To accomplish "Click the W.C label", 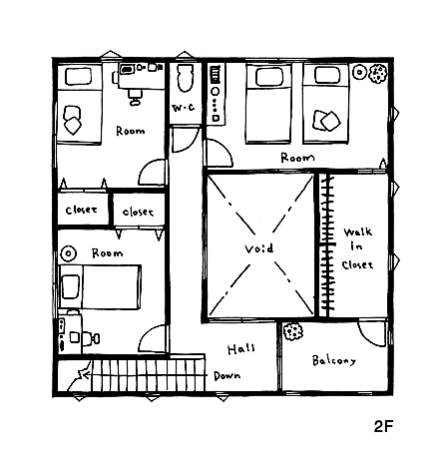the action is click(x=184, y=108).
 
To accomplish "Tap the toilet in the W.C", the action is click(x=186, y=77).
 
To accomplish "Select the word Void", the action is click(x=259, y=248).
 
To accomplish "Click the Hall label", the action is click(x=241, y=349).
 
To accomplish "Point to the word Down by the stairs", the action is click(x=227, y=376).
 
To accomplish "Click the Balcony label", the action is click(x=334, y=360).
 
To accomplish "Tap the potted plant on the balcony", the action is click(x=293, y=331).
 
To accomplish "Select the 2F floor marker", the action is click(x=384, y=426).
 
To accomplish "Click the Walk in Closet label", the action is click(x=357, y=248).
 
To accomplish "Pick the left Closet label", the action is click(x=82, y=210).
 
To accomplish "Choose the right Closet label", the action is click(x=138, y=212).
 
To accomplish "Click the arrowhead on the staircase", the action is click(x=86, y=375).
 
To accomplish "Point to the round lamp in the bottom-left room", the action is click(x=69, y=253).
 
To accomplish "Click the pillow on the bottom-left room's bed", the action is click(x=71, y=286).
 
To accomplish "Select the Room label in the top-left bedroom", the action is click(x=131, y=131).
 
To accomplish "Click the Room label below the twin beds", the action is click(x=297, y=158).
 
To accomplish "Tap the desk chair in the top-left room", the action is click(x=135, y=97).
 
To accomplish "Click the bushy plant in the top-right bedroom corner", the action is click(x=378, y=74).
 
